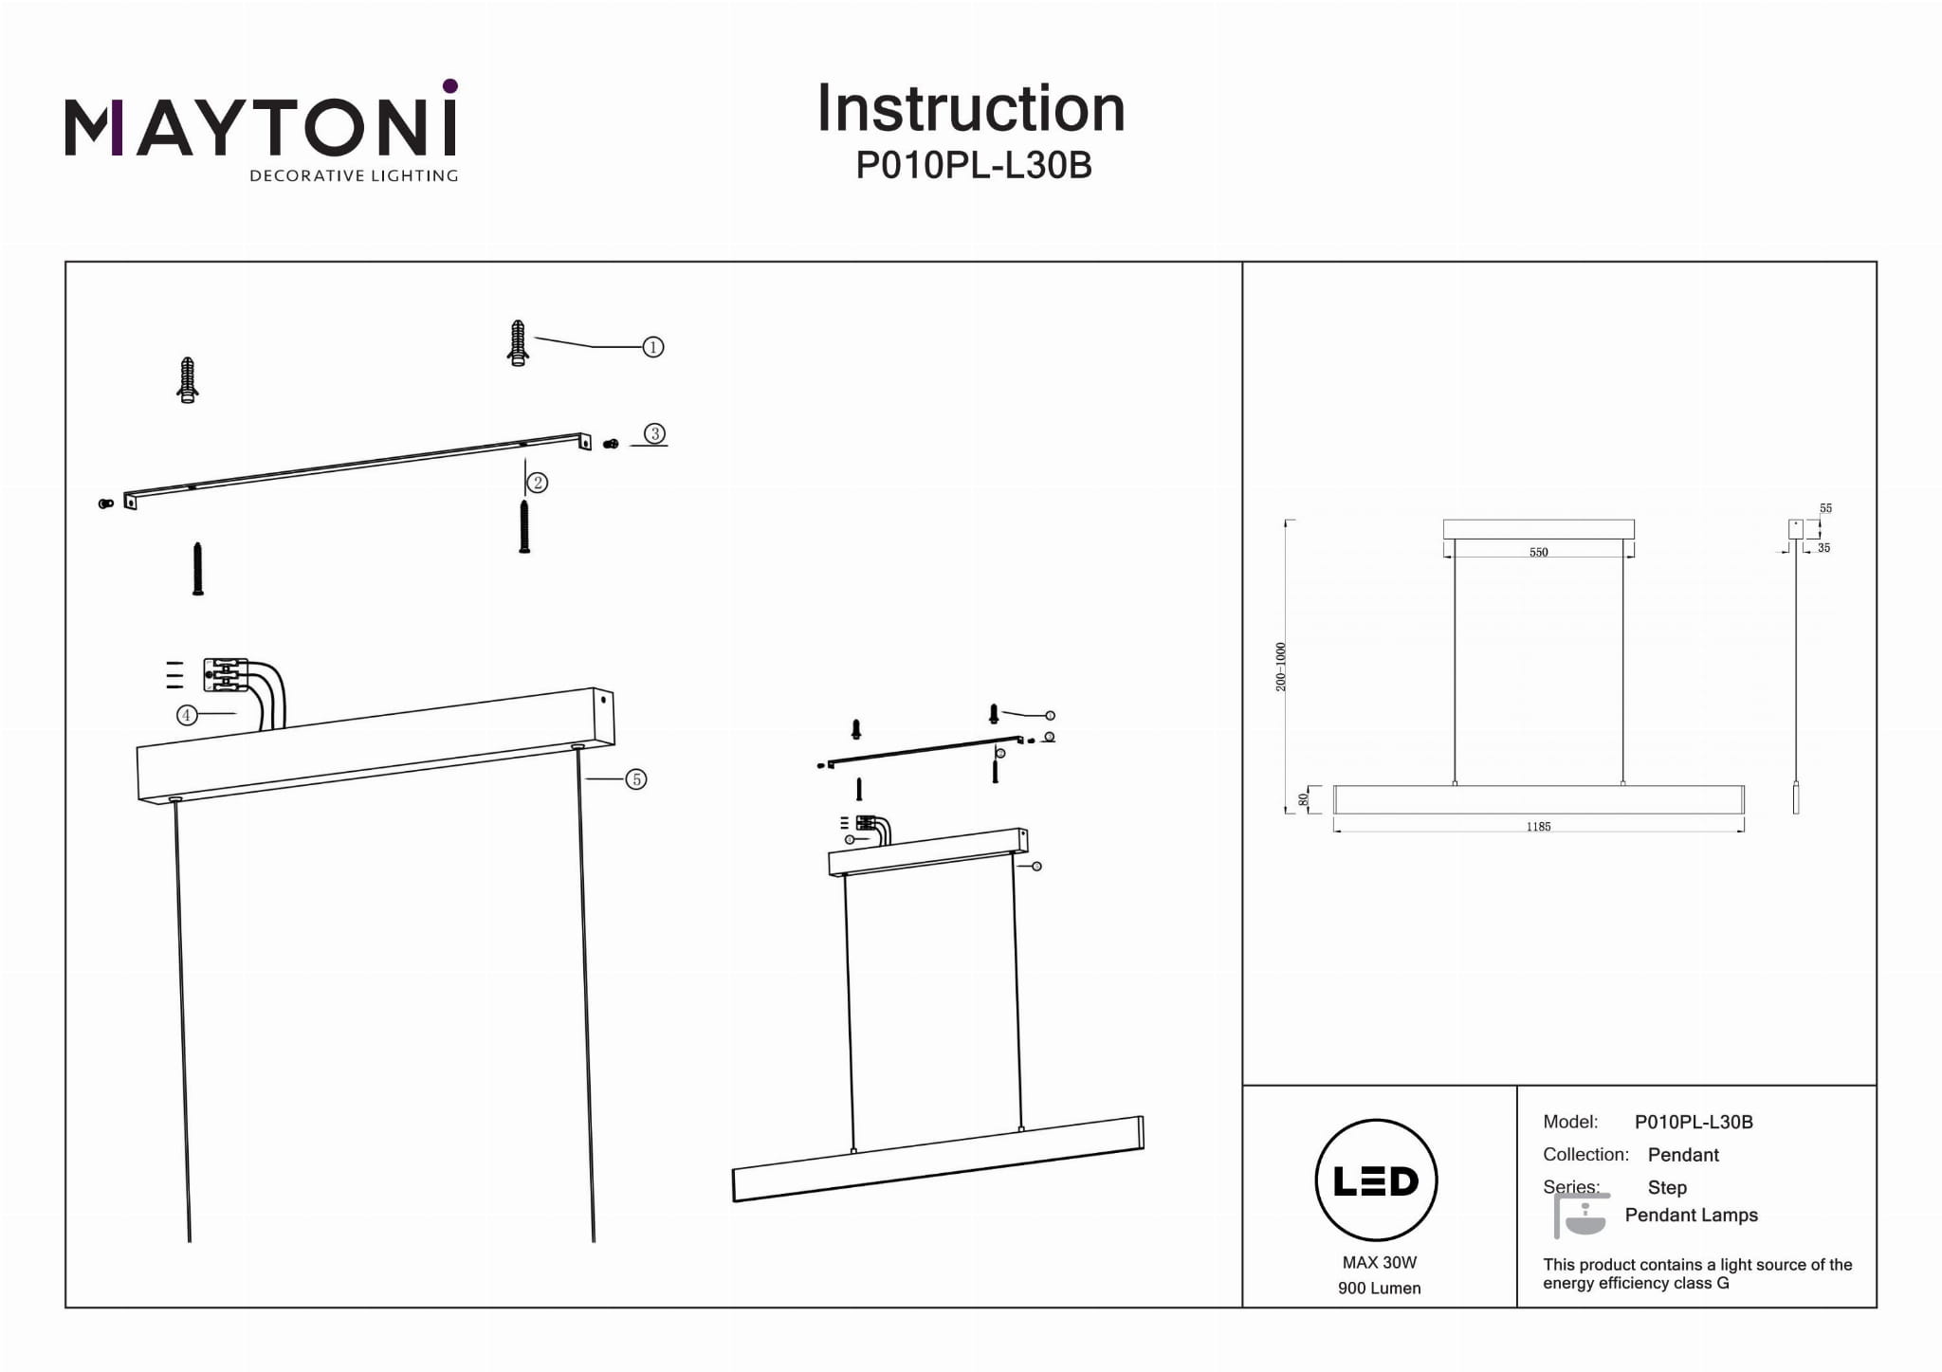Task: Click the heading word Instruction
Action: click(x=971, y=109)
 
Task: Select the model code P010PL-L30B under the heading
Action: click(x=974, y=166)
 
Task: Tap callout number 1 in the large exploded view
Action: click(x=652, y=347)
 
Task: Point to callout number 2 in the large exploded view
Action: click(x=538, y=483)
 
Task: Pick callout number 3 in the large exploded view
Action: click(x=654, y=434)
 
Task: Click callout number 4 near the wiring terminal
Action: click(x=187, y=715)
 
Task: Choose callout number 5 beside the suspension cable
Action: click(x=635, y=779)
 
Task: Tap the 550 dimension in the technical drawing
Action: click(x=1538, y=552)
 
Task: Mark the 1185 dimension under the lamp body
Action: click(x=1538, y=827)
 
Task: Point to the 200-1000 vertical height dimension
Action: click(x=1281, y=667)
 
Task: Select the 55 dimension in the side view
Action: click(x=1825, y=508)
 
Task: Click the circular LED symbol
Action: click(x=1376, y=1180)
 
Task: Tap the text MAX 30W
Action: click(x=1379, y=1262)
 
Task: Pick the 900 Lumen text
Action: click(x=1379, y=1288)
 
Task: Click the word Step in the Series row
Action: click(x=1667, y=1187)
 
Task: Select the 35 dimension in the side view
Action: click(x=1823, y=548)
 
